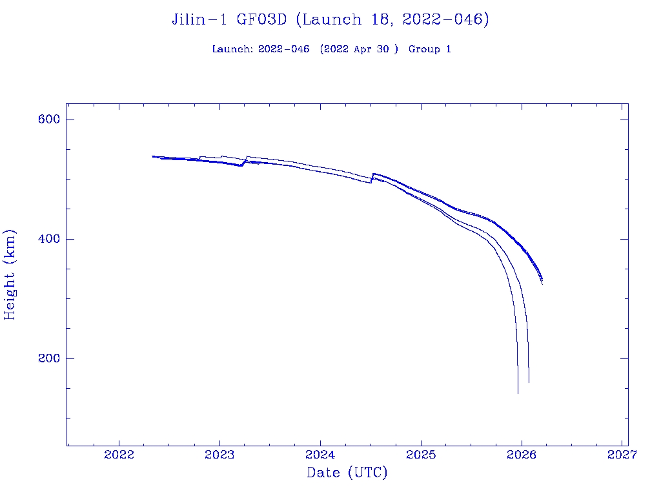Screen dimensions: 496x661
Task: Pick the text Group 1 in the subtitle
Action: (x=429, y=49)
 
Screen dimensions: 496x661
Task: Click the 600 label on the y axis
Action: (x=48, y=119)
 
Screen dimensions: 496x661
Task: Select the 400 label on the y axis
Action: (x=48, y=239)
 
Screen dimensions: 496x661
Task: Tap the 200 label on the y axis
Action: (x=48, y=358)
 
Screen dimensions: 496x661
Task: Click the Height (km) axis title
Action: (x=10, y=274)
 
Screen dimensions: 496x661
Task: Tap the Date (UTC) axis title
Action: (x=347, y=473)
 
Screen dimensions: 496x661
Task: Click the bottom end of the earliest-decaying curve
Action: (x=518, y=393)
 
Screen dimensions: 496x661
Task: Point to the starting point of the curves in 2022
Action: (x=152, y=156)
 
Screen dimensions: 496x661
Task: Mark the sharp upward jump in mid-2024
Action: (x=372, y=178)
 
